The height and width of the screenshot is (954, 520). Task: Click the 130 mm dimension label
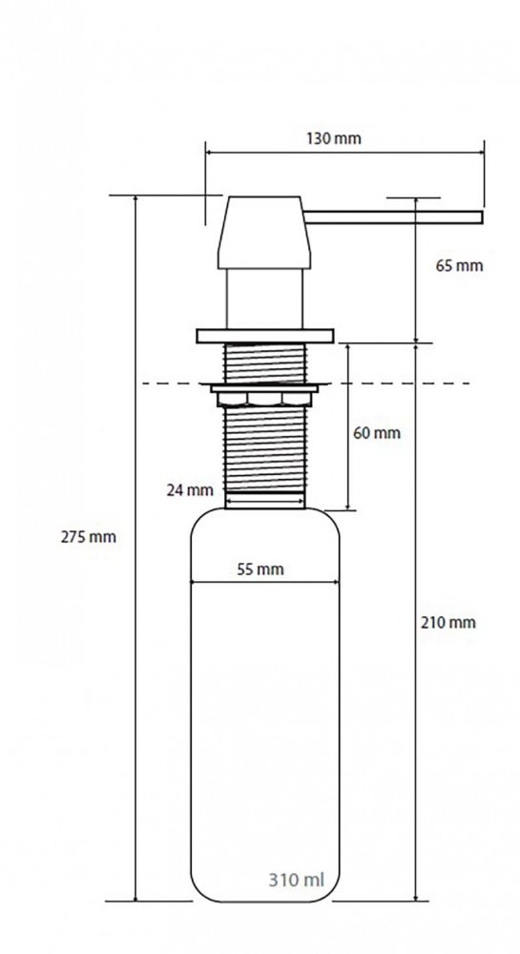click(x=333, y=138)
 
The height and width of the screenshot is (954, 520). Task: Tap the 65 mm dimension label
click(x=459, y=266)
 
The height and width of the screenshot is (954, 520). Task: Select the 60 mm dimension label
click(x=377, y=433)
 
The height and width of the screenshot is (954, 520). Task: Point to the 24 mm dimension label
click(x=190, y=489)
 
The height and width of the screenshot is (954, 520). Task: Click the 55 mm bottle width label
click(x=260, y=570)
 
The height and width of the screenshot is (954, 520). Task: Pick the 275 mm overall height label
click(x=88, y=537)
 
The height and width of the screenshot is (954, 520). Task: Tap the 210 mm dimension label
click(x=448, y=622)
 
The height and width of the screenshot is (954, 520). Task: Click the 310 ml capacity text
click(x=296, y=880)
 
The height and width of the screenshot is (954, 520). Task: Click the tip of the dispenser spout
click(x=482, y=218)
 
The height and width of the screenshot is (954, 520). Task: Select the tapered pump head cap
click(x=264, y=233)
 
